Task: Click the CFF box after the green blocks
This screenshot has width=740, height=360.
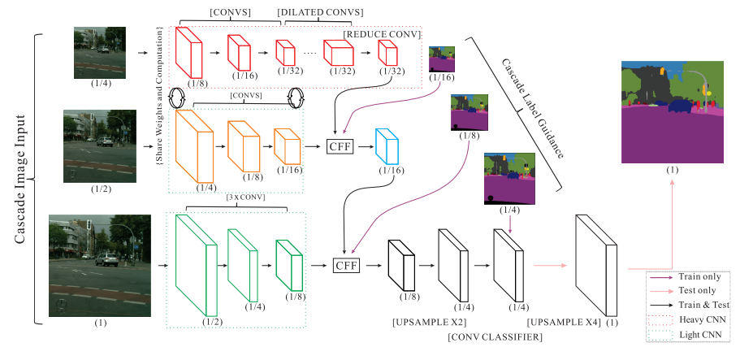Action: click(347, 264)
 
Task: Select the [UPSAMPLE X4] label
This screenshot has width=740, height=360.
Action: click(560, 323)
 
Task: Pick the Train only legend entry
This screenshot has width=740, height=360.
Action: click(699, 276)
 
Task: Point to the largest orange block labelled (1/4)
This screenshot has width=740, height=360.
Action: click(193, 146)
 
